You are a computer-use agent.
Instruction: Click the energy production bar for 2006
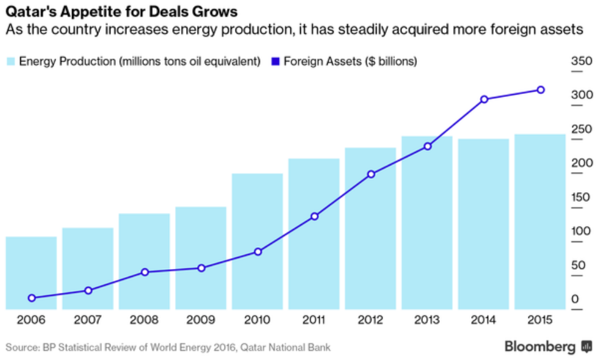(31, 273)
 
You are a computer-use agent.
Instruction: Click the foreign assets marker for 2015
(541, 90)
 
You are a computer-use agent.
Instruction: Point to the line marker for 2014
(484, 99)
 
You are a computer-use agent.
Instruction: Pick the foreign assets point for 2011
(314, 216)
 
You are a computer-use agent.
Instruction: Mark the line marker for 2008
(145, 272)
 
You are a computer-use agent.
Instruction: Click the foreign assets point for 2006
(32, 298)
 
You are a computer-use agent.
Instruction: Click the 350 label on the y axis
(581, 61)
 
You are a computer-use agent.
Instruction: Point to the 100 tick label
(581, 231)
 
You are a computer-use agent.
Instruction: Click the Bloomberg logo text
(539, 347)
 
